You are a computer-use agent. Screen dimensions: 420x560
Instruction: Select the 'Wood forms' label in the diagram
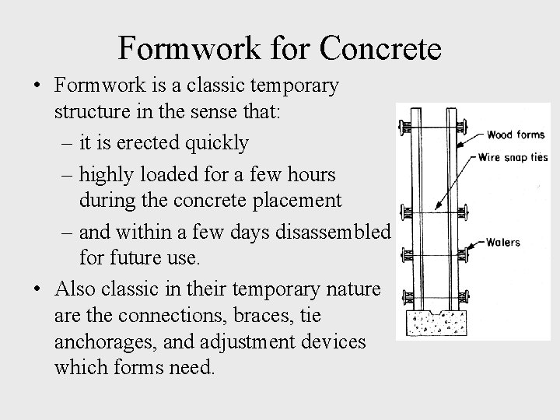pyautogui.click(x=509, y=135)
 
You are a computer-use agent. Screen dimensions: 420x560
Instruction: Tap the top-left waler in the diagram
pyautogui.click(x=406, y=126)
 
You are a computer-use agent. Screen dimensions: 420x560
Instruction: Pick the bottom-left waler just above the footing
pyautogui.click(x=406, y=296)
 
